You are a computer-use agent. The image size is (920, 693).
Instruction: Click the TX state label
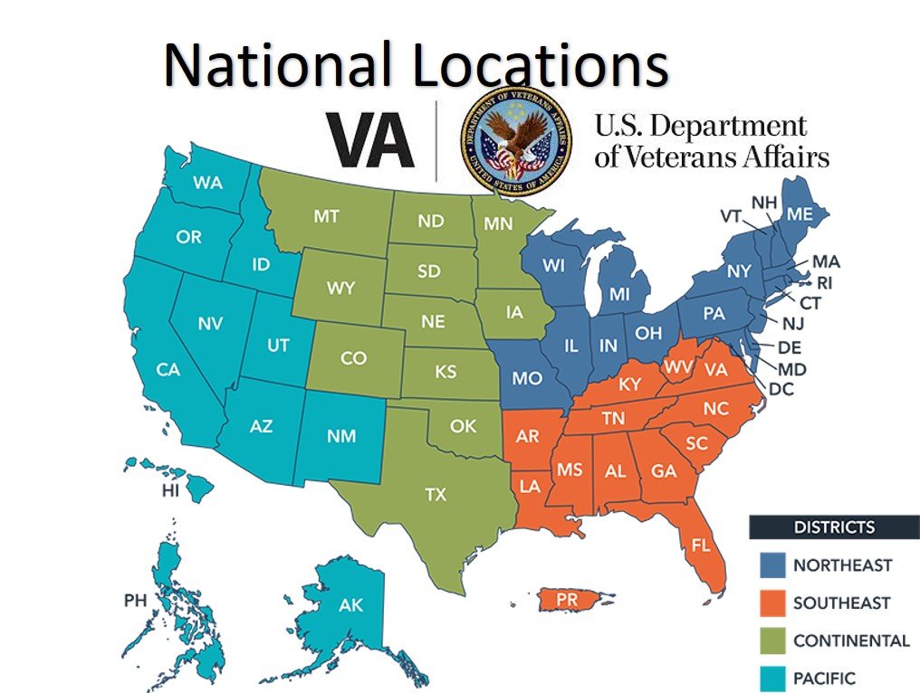tap(436, 494)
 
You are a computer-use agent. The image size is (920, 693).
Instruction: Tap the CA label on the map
tap(168, 369)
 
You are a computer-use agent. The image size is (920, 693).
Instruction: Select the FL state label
tap(700, 546)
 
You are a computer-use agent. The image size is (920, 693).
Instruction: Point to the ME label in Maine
tap(800, 214)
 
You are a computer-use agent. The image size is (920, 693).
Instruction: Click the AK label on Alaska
tap(350, 605)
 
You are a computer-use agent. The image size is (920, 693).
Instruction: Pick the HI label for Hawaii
tap(169, 490)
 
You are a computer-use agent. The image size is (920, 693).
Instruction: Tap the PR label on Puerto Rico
tap(568, 599)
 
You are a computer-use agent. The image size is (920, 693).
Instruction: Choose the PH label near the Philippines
tap(135, 600)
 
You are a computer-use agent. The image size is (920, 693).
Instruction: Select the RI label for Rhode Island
tap(824, 282)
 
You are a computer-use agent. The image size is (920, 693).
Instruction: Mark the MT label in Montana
tap(326, 217)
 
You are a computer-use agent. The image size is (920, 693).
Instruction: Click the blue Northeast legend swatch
tap(771, 565)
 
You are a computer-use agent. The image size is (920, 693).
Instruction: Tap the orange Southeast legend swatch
tap(771, 603)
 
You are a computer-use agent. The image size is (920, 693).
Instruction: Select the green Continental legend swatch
tap(771, 641)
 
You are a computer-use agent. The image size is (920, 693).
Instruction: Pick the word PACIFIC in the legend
tap(824, 678)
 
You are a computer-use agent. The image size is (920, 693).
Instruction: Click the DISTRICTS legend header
tap(834, 527)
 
